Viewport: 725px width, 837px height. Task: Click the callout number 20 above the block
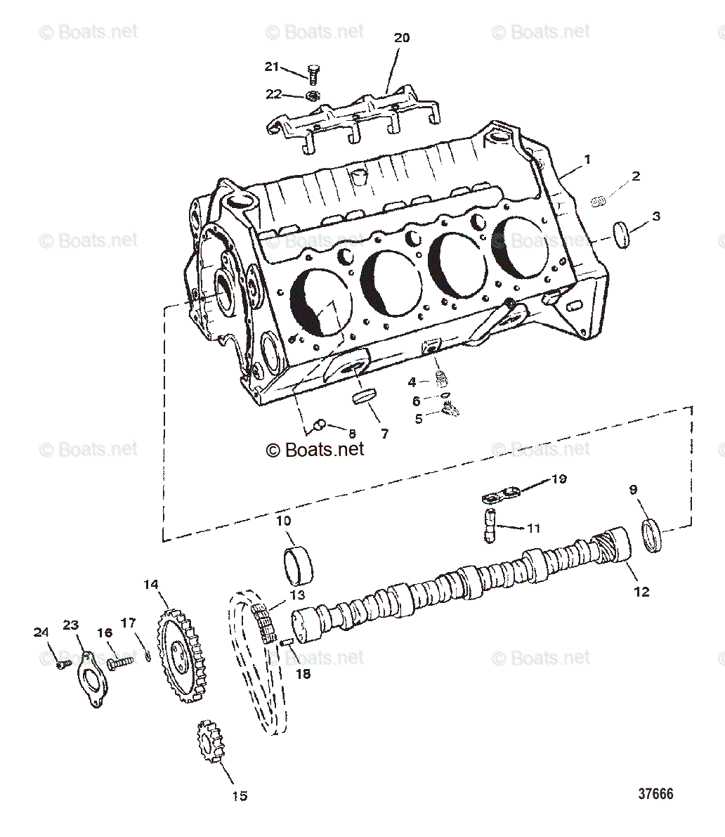pos(401,38)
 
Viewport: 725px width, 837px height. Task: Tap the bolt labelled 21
pos(313,74)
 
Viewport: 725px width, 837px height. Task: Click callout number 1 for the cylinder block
pos(587,160)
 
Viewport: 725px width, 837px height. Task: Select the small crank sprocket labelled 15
pos(209,743)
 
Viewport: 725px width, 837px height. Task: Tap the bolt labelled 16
pos(119,662)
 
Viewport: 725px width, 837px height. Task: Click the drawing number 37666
pos(655,793)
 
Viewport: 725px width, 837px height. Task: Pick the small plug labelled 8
pos(318,424)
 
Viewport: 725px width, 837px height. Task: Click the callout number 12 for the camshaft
pos(641,592)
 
